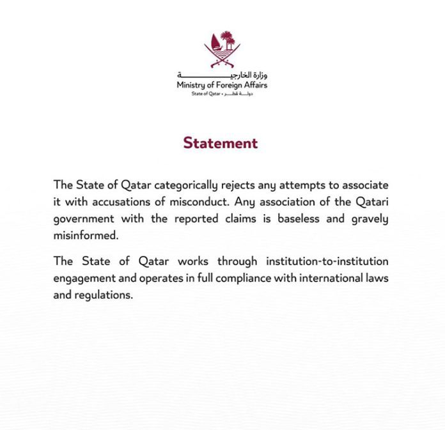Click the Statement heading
tap(221, 142)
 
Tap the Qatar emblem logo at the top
tap(222, 50)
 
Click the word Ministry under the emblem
tap(191, 85)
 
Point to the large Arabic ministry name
tap(222, 75)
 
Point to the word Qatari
tap(371, 201)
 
